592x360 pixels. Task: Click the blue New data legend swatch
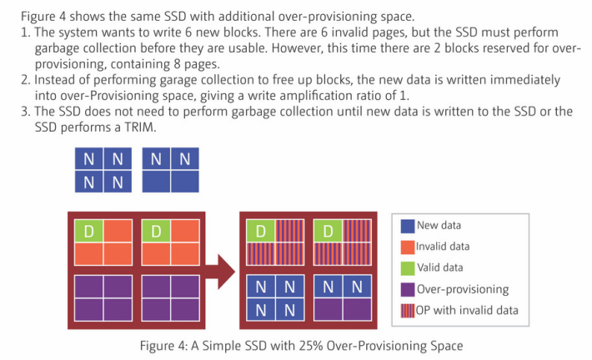point(408,226)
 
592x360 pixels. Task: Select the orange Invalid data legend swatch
point(408,247)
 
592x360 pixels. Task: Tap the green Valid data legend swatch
point(408,268)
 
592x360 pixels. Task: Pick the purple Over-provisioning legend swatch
point(408,289)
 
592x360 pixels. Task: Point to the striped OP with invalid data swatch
point(408,311)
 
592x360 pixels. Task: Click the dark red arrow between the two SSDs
point(220,272)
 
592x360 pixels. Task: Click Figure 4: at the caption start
point(163,346)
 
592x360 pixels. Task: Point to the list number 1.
point(25,32)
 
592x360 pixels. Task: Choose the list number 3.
point(25,112)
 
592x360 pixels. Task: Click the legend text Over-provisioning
point(463,289)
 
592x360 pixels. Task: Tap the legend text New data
point(439,226)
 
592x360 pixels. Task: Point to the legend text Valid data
point(440,267)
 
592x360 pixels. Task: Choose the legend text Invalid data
point(443,247)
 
